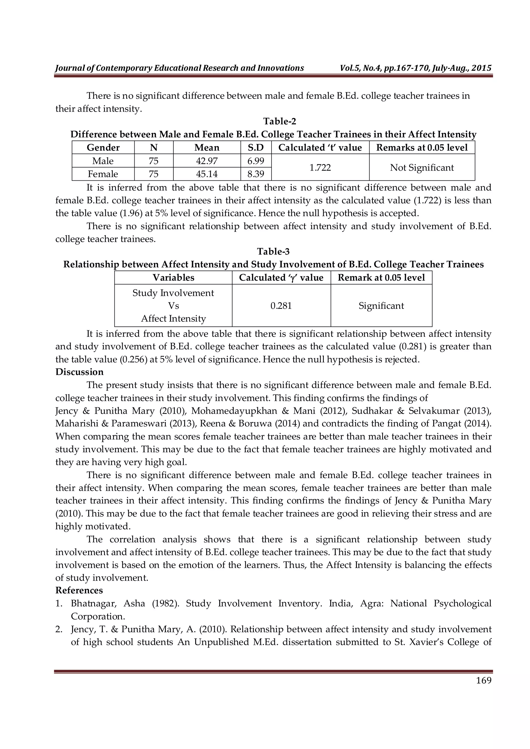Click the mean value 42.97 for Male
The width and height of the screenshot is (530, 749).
pyautogui.click(x=207, y=161)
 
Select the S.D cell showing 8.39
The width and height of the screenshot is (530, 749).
pyautogui.click(x=256, y=174)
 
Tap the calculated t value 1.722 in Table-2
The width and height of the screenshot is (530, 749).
pyautogui.click(x=320, y=167)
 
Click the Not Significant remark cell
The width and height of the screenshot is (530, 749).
pyautogui.click(x=422, y=167)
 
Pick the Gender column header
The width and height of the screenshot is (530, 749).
pyautogui.click(x=103, y=148)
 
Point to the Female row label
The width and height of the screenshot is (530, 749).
pyautogui.click(x=103, y=174)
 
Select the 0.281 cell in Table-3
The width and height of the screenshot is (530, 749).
pyautogui.click(x=281, y=306)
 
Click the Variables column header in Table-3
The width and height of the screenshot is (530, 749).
pyautogui.click(x=173, y=278)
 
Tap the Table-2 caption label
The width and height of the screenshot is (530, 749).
pyautogui.click(x=279, y=121)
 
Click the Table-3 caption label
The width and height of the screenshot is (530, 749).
pyautogui.click(x=273, y=251)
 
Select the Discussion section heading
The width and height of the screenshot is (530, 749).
pyautogui.click(x=79, y=372)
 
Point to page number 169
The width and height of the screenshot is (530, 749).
pyautogui.click(x=484, y=680)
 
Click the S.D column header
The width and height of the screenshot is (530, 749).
pyautogui.click(x=256, y=148)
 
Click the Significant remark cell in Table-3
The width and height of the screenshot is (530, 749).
pyautogui.click(x=381, y=306)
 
